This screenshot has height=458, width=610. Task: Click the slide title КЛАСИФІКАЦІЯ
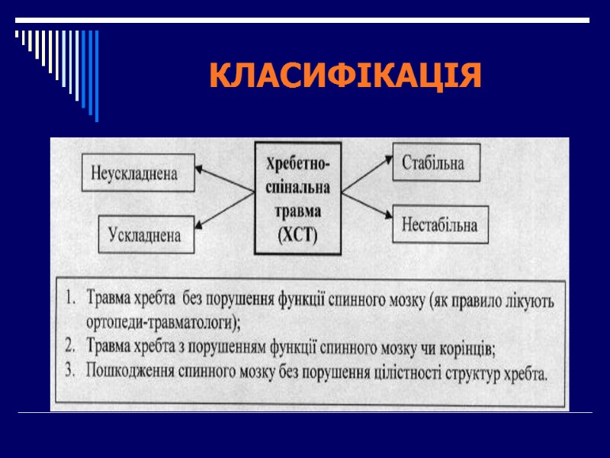(345, 76)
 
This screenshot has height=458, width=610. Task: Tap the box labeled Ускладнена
(145, 235)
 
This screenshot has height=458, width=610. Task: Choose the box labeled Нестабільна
(440, 224)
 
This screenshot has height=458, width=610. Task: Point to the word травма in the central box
(297, 210)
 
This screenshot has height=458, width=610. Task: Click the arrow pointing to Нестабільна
(365, 205)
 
